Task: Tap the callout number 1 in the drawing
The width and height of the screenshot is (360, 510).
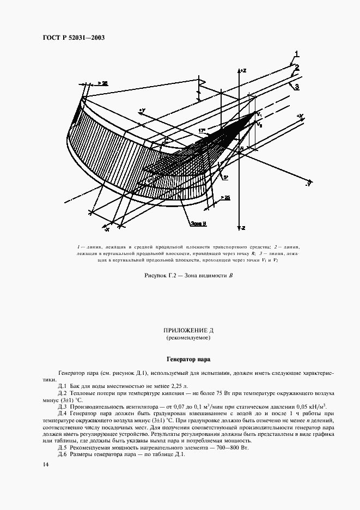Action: [297, 53]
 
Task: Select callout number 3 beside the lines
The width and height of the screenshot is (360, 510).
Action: [297, 87]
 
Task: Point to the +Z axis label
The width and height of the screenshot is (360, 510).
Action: [243, 71]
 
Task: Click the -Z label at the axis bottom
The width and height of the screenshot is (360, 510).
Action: [243, 227]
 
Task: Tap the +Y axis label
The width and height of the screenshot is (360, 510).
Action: [142, 111]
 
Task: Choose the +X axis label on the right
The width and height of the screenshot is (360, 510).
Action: [298, 116]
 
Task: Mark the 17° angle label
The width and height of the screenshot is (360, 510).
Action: [202, 131]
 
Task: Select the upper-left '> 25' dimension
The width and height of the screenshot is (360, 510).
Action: [102, 83]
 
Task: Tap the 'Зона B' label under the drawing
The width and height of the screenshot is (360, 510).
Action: [198, 223]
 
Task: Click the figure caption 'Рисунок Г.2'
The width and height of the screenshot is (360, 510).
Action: [180, 276]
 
